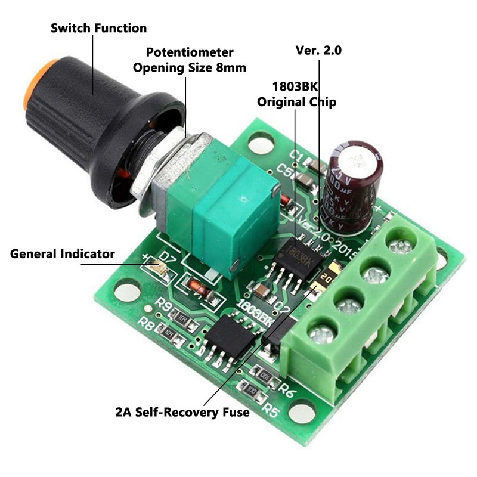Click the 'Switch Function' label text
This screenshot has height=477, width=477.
pos(98,27)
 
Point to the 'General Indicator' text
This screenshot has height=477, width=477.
pos(63,254)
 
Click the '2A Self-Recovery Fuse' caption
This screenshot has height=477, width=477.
pos(182,412)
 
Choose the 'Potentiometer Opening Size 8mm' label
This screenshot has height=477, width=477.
pos(189,60)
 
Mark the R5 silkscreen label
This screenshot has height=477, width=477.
pos(272,410)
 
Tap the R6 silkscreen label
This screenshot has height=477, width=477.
pos(288,391)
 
